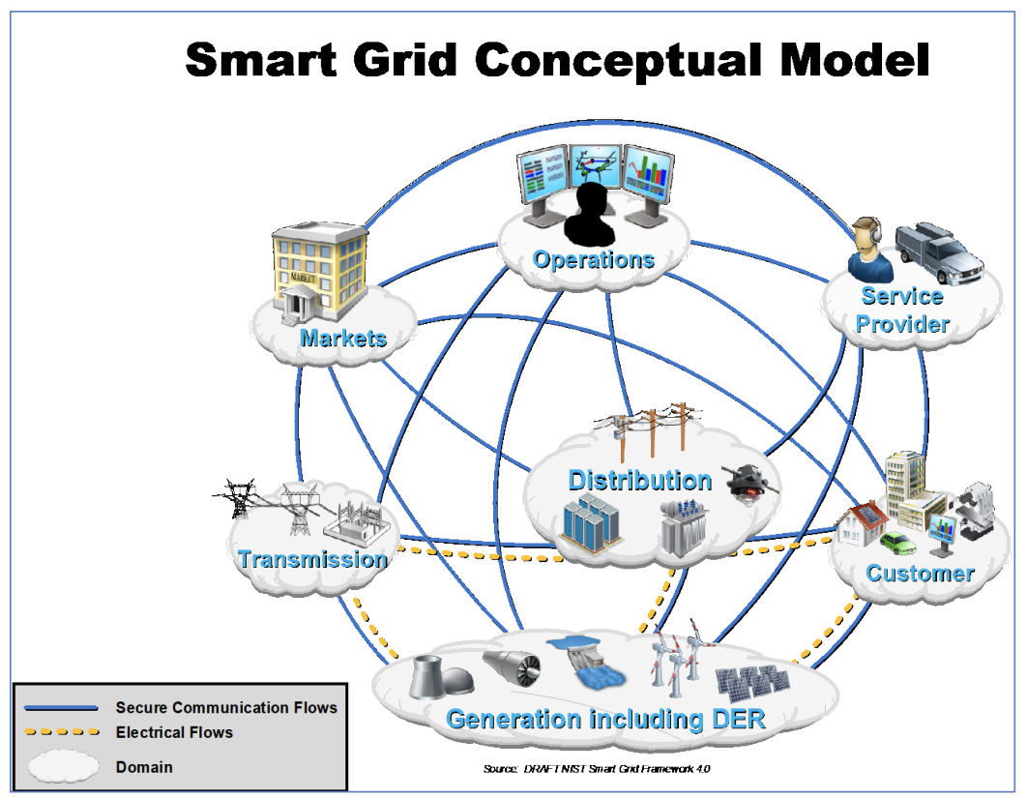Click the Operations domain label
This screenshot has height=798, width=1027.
[593, 260]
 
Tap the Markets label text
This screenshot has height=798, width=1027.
[343, 339]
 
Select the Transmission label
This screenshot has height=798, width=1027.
[312, 559]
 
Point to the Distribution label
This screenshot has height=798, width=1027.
[639, 481]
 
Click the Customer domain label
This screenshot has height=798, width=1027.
[920, 573]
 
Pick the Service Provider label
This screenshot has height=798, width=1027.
[902, 310]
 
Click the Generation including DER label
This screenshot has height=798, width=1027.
[605, 720]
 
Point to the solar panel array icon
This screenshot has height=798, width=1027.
[751, 682]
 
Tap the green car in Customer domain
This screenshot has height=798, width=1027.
[897, 543]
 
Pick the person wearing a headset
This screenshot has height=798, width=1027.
[866, 249]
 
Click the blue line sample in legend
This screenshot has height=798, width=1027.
[56, 708]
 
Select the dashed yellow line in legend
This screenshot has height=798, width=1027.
[56, 733]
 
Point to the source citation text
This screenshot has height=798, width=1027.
[602, 769]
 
